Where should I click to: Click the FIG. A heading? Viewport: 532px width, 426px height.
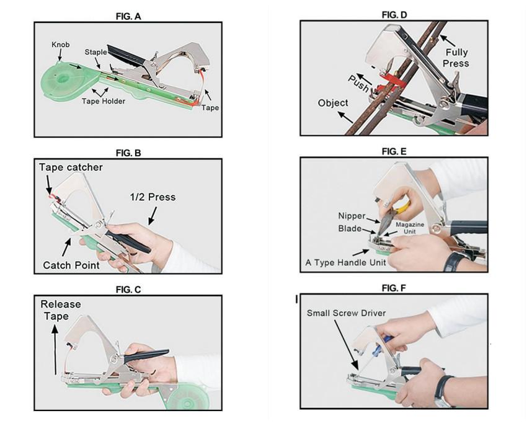tap(128, 16)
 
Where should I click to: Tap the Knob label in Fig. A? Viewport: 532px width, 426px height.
tap(60, 45)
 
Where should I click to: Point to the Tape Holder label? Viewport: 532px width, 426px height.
tap(104, 101)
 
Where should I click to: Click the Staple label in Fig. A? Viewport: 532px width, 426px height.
tap(95, 52)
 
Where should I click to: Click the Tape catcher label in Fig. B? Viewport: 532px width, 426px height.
tap(71, 167)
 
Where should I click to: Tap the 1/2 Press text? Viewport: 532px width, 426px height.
tap(153, 197)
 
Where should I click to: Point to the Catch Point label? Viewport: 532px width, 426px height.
tap(71, 265)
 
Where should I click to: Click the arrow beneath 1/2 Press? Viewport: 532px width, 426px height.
tap(153, 216)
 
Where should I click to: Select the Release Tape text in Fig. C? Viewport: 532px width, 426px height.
tap(61, 310)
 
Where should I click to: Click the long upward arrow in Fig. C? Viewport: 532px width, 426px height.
tap(55, 349)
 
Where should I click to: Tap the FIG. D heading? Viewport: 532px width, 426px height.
tap(394, 15)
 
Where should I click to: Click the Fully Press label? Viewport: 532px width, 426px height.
tap(456, 58)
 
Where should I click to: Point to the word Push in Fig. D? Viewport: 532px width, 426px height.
tap(358, 84)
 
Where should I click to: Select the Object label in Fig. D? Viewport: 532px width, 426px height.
tap(333, 103)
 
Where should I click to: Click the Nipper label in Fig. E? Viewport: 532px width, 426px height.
tap(352, 216)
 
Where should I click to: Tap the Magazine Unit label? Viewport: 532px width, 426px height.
tap(410, 228)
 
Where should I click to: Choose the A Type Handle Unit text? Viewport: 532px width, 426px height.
tap(345, 262)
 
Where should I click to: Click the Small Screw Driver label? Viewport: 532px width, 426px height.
tap(347, 313)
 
